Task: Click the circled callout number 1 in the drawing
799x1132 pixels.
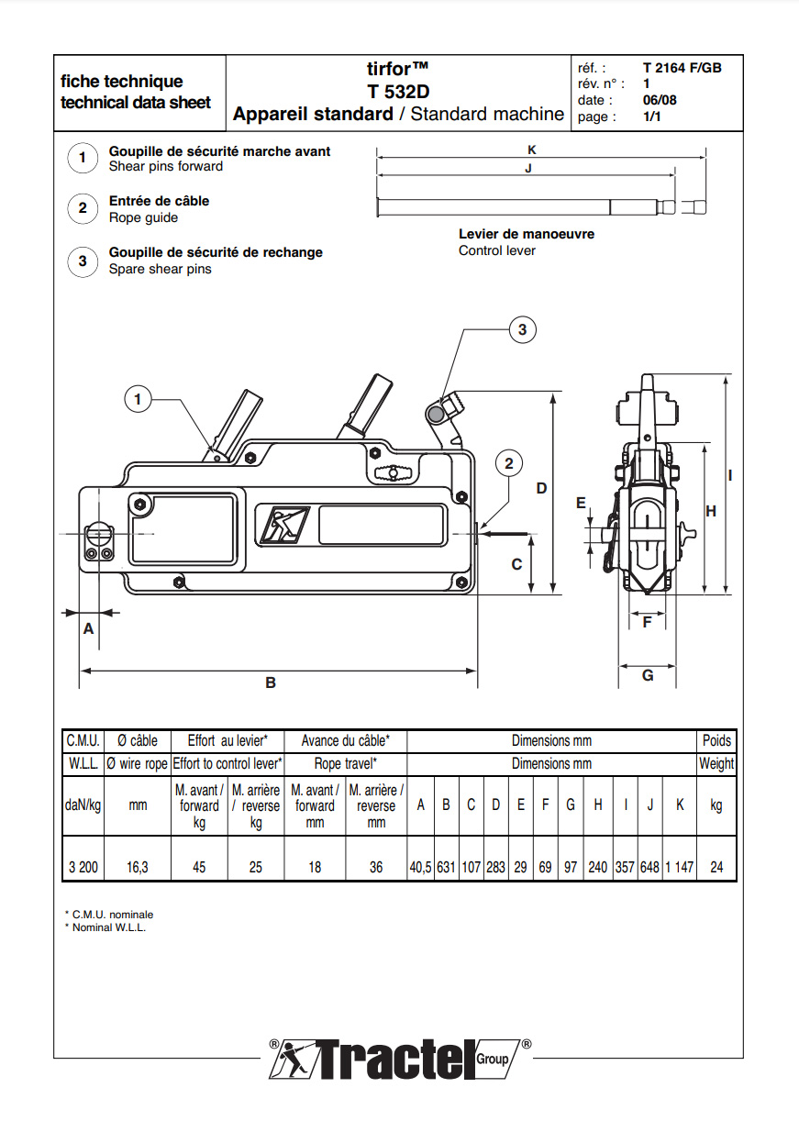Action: point(139,399)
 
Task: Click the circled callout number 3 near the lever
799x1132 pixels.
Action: point(522,329)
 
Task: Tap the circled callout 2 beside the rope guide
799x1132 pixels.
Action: point(509,463)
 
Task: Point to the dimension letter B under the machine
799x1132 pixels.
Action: point(271,683)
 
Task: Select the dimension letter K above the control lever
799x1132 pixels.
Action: point(532,149)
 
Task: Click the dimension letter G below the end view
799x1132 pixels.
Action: point(648,675)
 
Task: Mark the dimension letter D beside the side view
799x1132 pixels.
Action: point(541,488)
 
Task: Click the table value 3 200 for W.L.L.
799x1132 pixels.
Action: point(83,866)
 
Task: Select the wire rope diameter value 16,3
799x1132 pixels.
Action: point(138,866)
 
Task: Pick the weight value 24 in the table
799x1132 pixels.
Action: point(716,866)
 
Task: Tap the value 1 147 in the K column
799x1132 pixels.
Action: point(679,866)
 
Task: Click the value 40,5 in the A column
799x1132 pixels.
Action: point(420,866)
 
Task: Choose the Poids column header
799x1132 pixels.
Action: point(716,740)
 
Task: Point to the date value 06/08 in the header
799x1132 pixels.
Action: point(660,100)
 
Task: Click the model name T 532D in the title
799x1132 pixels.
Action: point(398,92)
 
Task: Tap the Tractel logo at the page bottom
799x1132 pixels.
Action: point(400,1060)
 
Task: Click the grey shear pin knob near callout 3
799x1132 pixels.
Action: point(436,416)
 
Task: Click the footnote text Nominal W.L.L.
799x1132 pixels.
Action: point(108,927)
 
